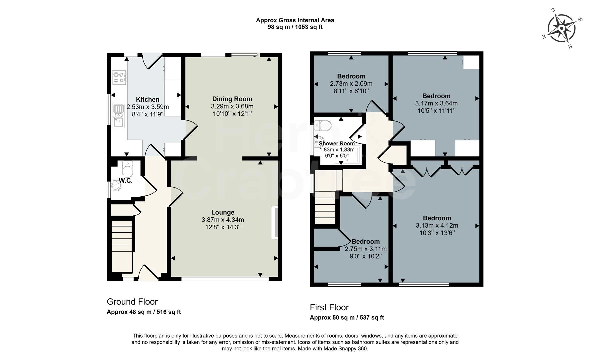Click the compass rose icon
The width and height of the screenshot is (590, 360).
(x=561, y=29)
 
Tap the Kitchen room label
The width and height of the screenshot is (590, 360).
(x=147, y=99)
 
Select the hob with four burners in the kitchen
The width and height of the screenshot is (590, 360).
(x=119, y=78)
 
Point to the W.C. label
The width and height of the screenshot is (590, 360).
(x=126, y=181)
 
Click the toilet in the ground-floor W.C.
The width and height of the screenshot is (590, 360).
(x=127, y=170)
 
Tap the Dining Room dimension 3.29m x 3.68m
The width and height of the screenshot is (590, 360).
(x=232, y=106)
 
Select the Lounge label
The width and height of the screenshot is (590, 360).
(x=223, y=212)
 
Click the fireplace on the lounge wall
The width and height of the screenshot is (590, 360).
(x=275, y=222)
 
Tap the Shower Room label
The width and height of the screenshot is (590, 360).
(x=337, y=143)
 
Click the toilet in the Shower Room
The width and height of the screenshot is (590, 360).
(x=324, y=126)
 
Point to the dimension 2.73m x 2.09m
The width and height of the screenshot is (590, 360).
(x=351, y=84)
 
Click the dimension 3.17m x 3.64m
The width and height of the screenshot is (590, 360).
(x=436, y=103)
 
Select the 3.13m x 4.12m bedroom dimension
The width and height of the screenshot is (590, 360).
(x=437, y=226)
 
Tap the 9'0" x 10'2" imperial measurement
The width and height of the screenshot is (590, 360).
(x=365, y=256)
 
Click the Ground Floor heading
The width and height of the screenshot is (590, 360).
(x=132, y=302)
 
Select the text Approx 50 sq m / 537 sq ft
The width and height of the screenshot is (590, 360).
(x=347, y=318)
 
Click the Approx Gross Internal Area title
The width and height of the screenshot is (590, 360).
(x=295, y=20)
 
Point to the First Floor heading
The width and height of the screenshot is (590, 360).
(x=329, y=307)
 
